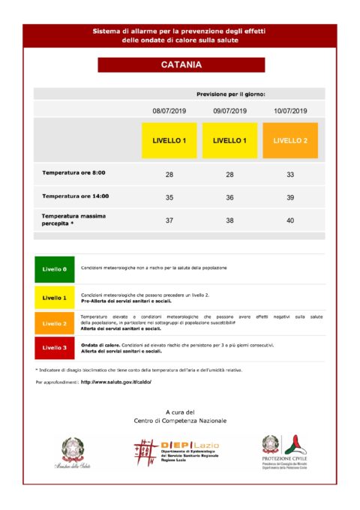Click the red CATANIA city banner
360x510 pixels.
[x=181, y=65]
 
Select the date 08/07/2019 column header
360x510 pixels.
[x=169, y=110]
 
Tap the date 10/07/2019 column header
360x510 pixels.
[x=290, y=110]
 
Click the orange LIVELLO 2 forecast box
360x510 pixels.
[x=290, y=140]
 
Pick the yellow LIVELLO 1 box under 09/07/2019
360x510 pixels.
[x=229, y=140]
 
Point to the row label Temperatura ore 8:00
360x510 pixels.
[x=73, y=173]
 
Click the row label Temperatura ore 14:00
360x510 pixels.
[x=75, y=196]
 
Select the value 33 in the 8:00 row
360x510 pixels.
[x=290, y=174]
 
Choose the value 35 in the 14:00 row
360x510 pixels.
[x=169, y=197]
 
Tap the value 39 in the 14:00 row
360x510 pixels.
[x=290, y=197]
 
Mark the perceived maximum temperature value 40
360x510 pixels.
[x=290, y=220]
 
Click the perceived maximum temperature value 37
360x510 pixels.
[x=169, y=220]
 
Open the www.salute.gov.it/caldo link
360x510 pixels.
[x=115, y=382]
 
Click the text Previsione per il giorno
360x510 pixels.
[x=230, y=95]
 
